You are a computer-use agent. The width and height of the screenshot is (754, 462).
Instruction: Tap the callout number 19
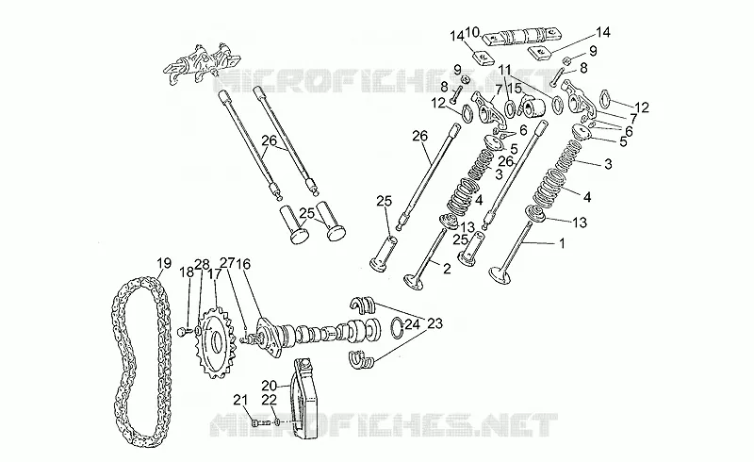point(163,263)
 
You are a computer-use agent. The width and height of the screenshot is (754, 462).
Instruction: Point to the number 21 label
point(240,400)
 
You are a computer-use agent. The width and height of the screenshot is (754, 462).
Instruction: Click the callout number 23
point(434,323)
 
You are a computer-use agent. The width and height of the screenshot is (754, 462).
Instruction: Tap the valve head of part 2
point(414,282)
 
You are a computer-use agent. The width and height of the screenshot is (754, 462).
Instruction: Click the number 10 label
point(473,33)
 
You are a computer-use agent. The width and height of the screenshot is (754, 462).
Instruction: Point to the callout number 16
point(243,264)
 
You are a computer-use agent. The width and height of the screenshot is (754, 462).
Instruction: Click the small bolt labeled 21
point(260,423)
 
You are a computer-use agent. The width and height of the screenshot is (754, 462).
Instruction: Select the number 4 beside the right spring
point(586,197)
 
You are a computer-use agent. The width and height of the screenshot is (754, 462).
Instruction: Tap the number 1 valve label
point(561,243)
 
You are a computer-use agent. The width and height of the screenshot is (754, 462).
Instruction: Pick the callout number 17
point(214,273)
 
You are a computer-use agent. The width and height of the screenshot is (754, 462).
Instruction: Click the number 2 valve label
point(447,269)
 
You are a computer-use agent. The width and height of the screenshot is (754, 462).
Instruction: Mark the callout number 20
point(270,385)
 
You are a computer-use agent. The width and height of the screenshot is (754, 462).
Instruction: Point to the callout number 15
point(515,89)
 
